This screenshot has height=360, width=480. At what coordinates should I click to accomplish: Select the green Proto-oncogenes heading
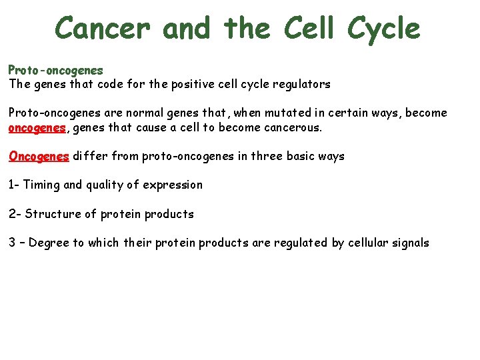click(x=55, y=70)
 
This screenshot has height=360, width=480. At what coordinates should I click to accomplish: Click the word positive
click(x=182, y=85)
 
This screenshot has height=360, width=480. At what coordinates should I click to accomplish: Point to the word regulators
click(x=300, y=85)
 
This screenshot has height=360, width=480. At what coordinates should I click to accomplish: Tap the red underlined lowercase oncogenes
click(x=38, y=127)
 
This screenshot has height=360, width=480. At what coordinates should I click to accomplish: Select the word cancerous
click(x=289, y=127)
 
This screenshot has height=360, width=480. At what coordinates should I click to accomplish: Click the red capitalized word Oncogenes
click(x=39, y=156)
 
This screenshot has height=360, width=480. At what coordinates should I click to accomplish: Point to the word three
click(x=269, y=156)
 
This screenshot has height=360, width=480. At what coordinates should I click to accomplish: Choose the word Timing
click(x=41, y=185)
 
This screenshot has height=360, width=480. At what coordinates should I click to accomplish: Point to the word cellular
click(x=369, y=243)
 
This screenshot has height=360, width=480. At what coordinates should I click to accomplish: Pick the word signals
click(x=412, y=243)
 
